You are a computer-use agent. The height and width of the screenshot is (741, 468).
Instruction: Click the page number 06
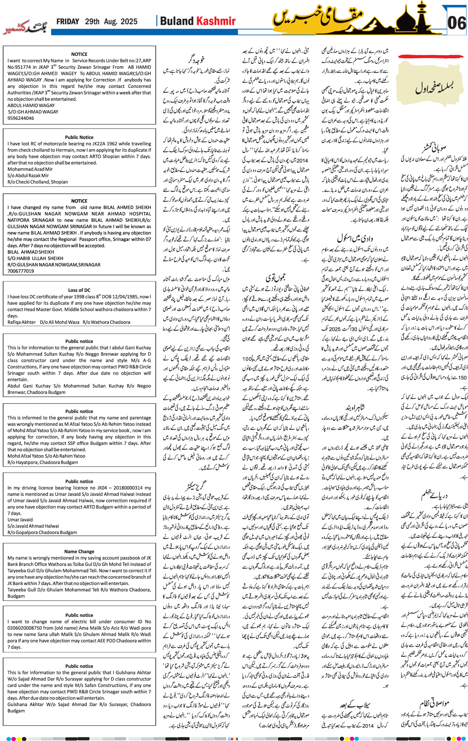click(x=457, y=23)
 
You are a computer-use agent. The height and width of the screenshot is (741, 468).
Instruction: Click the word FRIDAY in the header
click(x=68, y=22)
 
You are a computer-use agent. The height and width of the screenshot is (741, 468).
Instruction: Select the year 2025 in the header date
click(x=128, y=22)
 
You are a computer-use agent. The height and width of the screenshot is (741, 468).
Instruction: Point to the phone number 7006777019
click(x=21, y=271)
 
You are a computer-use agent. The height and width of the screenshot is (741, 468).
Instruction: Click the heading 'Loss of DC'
click(x=79, y=290)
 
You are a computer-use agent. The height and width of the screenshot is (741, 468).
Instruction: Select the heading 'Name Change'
click(x=79, y=552)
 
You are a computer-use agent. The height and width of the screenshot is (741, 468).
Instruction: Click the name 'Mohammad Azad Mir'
click(x=30, y=169)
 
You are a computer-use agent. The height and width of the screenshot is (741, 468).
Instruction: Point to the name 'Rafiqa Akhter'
click(x=21, y=322)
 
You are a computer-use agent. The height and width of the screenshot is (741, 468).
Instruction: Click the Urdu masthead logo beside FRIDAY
click(x=26, y=28)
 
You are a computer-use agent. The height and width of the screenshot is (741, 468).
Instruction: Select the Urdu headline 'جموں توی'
click(x=275, y=278)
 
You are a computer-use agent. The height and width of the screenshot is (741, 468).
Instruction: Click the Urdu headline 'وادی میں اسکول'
click(x=355, y=238)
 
